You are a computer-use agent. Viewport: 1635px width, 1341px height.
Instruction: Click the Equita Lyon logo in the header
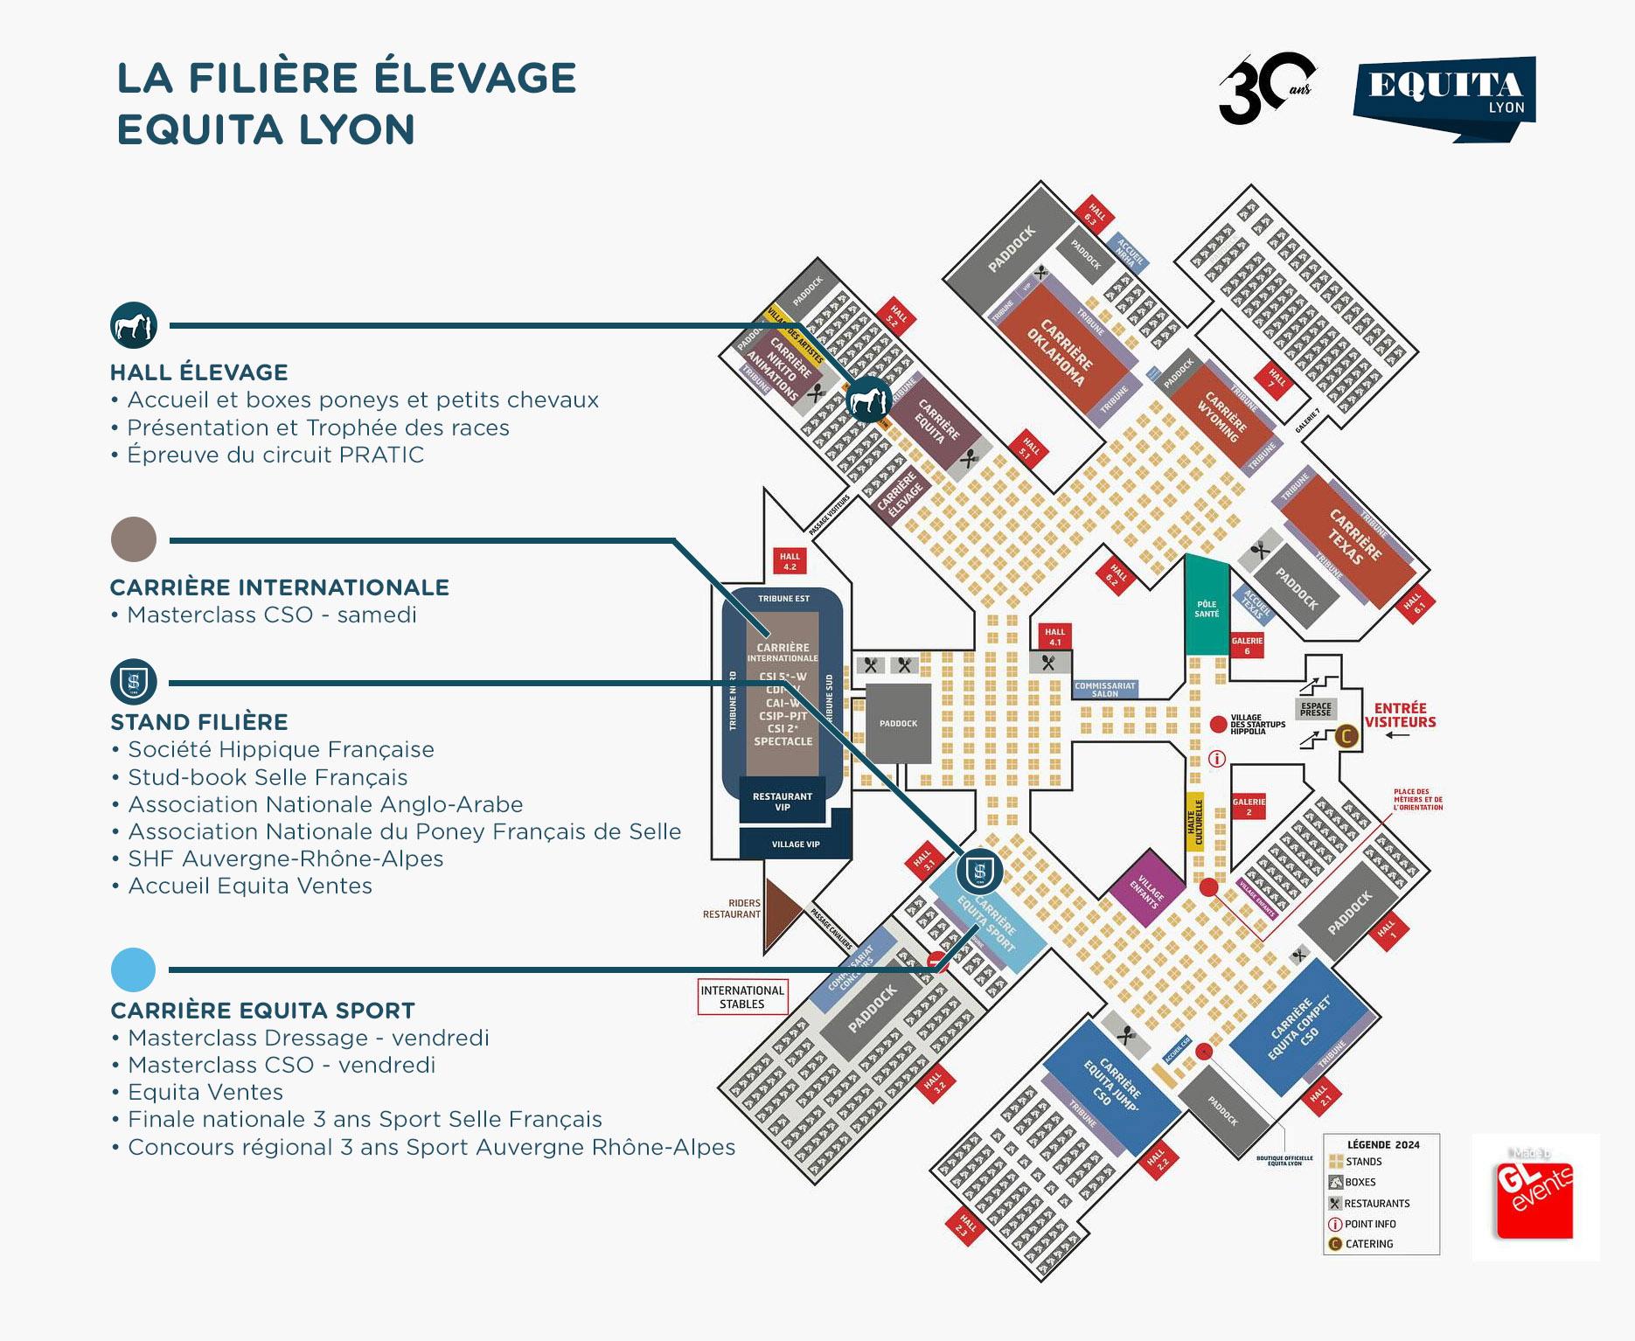click(1444, 97)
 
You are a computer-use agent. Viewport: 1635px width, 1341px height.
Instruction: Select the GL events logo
click(1534, 1197)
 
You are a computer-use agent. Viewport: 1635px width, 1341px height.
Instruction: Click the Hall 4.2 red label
click(790, 561)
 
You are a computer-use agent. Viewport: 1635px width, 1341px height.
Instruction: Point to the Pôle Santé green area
click(1207, 608)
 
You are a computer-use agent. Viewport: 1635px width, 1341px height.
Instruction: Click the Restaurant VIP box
click(782, 801)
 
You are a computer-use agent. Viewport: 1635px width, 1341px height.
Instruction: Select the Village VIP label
click(795, 844)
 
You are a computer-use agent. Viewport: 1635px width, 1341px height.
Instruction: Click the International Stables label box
click(742, 997)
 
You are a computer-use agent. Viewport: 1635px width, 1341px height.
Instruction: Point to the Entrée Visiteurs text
click(1400, 715)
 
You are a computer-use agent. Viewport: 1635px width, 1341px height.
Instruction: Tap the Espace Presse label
click(1316, 709)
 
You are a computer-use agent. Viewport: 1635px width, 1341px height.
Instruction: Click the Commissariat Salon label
click(1104, 690)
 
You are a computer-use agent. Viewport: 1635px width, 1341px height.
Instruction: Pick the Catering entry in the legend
click(1368, 1244)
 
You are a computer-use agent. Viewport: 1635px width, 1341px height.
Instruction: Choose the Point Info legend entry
click(1369, 1224)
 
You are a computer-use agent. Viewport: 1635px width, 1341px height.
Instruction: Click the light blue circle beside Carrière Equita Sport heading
click(133, 969)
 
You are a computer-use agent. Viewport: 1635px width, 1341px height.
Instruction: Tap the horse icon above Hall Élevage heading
click(133, 325)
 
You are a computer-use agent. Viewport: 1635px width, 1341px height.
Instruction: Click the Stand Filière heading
click(199, 722)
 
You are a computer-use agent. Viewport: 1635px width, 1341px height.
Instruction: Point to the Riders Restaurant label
click(732, 909)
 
